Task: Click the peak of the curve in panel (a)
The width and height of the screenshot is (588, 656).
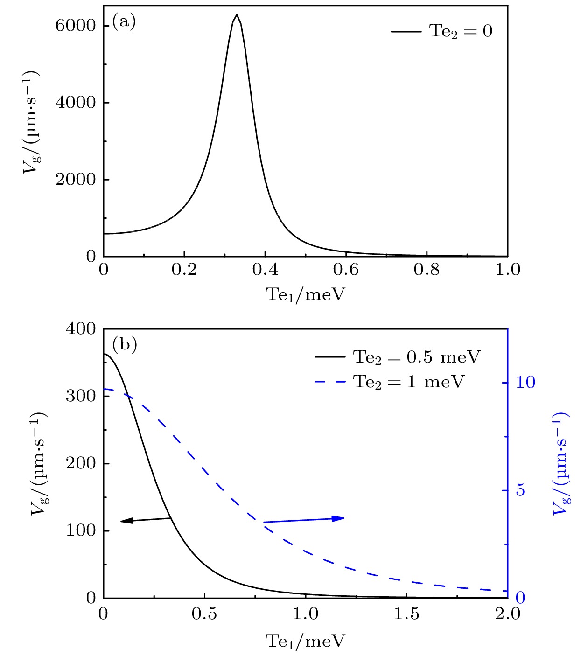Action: click(237, 15)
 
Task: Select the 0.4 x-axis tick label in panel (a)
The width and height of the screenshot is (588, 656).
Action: click(265, 270)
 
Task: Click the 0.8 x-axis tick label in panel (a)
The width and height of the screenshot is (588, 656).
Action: click(427, 270)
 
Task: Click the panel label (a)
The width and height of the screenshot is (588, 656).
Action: click(124, 22)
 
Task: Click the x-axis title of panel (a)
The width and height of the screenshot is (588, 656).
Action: click(306, 294)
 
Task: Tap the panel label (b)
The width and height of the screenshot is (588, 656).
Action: click(125, 345)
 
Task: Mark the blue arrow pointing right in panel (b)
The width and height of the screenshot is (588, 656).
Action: click(304, 520)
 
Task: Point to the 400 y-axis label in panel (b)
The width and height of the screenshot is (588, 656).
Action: click(80, 329)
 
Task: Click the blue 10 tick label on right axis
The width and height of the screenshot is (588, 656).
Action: click(525, 383)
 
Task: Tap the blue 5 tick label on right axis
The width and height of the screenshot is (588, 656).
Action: click(520, 490)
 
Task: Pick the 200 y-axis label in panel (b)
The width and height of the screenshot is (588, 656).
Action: click(80, 463)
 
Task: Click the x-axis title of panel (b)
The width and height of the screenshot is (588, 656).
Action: click(306, 641)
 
